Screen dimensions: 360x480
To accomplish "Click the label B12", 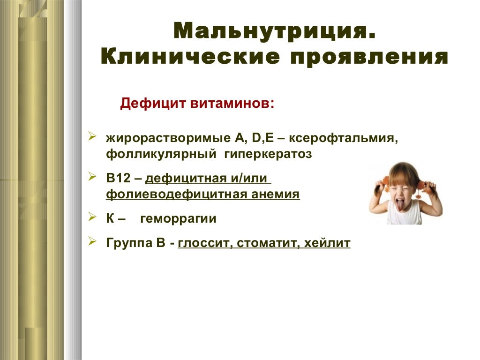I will [x=117, y=179].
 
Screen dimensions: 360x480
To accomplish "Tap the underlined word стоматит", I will [x=267, y=244].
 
